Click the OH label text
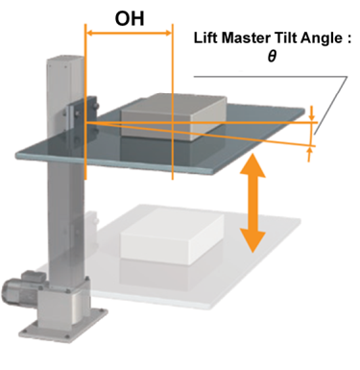coord(130,19)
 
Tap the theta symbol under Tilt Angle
coord(272,57)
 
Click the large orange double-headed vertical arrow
coord(252,203)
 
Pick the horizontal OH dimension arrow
coord(130,33)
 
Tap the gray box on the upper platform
coord(173,117)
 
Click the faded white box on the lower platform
coord(172,236)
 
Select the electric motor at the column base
coord(22,286)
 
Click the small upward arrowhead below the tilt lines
coord(309,151)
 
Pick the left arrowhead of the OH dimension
coord(90,33)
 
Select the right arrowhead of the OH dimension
coord(168,33)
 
